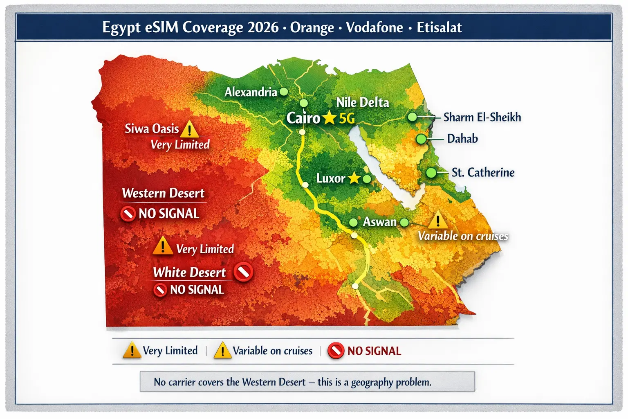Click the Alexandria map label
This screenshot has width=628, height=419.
251,92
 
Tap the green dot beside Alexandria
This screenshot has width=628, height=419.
283,91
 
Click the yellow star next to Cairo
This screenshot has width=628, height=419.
329,118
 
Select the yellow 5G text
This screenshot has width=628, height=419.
347,119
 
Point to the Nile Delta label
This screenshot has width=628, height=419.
362,102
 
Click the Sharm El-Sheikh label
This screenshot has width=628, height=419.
482,117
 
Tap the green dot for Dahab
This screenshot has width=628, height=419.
421,139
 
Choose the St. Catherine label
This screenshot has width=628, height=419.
483,173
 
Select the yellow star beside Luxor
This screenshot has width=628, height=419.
354,178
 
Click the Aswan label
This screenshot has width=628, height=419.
379,222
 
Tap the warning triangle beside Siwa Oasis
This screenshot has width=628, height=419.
189,130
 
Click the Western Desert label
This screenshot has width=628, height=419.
163,193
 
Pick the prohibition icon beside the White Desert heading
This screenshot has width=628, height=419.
244,272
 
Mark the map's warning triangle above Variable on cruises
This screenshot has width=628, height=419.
438,221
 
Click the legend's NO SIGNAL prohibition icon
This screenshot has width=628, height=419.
336,351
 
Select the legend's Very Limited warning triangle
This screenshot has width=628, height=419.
132,351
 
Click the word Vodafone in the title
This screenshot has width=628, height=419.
374,27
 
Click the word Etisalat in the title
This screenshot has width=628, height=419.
439,27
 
